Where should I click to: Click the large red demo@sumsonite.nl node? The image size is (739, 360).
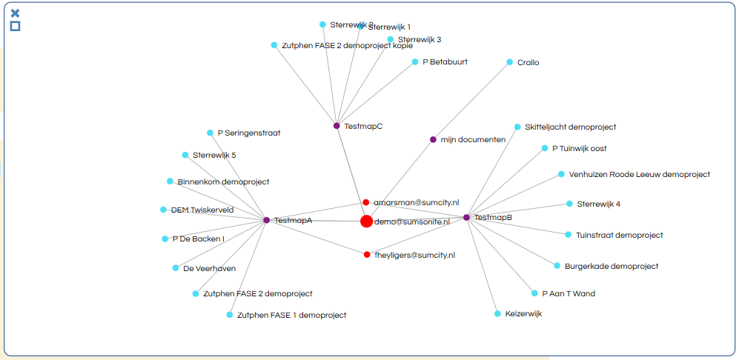click(x=366, y=221)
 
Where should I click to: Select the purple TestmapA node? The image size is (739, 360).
click(x=266, y=220)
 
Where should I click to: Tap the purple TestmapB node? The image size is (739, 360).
click(x=466, y=217)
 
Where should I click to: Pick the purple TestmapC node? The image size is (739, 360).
click(x=337, y=126)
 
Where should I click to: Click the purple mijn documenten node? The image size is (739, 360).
click(x=433, y=139)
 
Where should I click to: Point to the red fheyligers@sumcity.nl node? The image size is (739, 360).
click(x=367, y=255)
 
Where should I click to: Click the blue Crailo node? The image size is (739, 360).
click(x=509, y=62)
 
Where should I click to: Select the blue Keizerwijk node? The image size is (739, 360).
click(x=497, y=313)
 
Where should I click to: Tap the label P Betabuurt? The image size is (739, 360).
click(x=445, y=62)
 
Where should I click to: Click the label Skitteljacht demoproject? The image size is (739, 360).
click(x=570, y=127)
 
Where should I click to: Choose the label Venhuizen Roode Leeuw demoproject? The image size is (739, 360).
click(x=639, y=175)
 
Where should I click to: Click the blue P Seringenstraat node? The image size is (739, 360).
click(x=210, y=133)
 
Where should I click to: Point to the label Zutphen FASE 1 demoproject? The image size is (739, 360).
click(x=291, y=316)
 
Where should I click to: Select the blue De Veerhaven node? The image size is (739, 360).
click(x=176, y=268)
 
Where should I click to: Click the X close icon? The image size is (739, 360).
click(x=15, y=13)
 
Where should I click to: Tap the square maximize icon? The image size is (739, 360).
click(x=15, y=27)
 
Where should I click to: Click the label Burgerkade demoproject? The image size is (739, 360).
click(x=611, y=266)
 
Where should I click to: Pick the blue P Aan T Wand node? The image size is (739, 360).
click(x=534, y=293)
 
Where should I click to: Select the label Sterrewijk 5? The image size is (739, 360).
click(x=213, y=156)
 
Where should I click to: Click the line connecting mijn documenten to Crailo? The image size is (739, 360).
click(x=471, y=101)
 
